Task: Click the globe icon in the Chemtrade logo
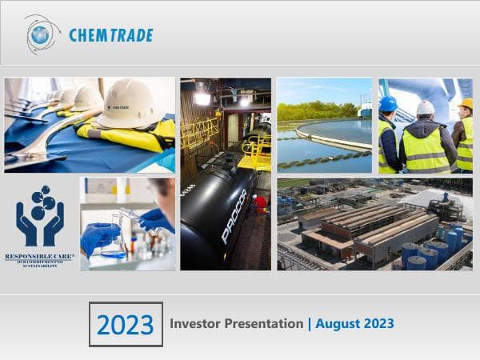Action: tap(40, 34)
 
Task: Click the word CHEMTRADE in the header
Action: tap(110, 35)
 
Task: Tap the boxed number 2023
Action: tap(126, 324)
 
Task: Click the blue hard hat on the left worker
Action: tap(388, 104)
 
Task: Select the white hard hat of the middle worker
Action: tap(426, 107)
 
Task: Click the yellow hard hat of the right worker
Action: tap(465, 104)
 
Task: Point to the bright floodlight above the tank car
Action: tap(202, 98)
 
